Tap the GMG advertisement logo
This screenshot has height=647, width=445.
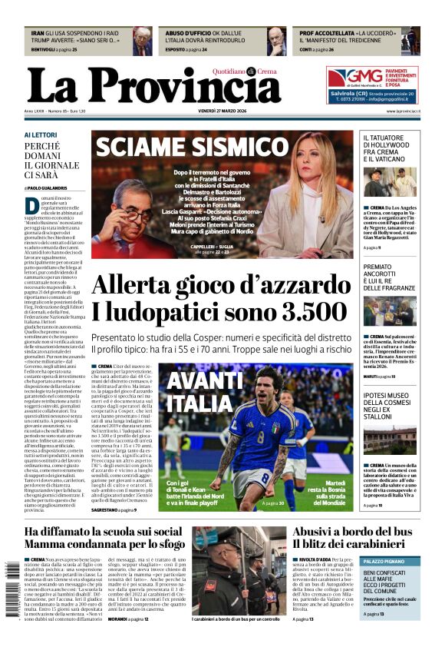click(x=346, y=78)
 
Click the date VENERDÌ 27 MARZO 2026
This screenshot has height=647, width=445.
click(x=227, y=111)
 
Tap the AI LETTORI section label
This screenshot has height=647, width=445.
click(x=40, y=135)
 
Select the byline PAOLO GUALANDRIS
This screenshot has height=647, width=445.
click(x=48, y=187)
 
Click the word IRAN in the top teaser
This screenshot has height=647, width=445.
click(x=38, y=34)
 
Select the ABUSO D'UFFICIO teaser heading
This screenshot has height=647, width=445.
click(x=188, y=34)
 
